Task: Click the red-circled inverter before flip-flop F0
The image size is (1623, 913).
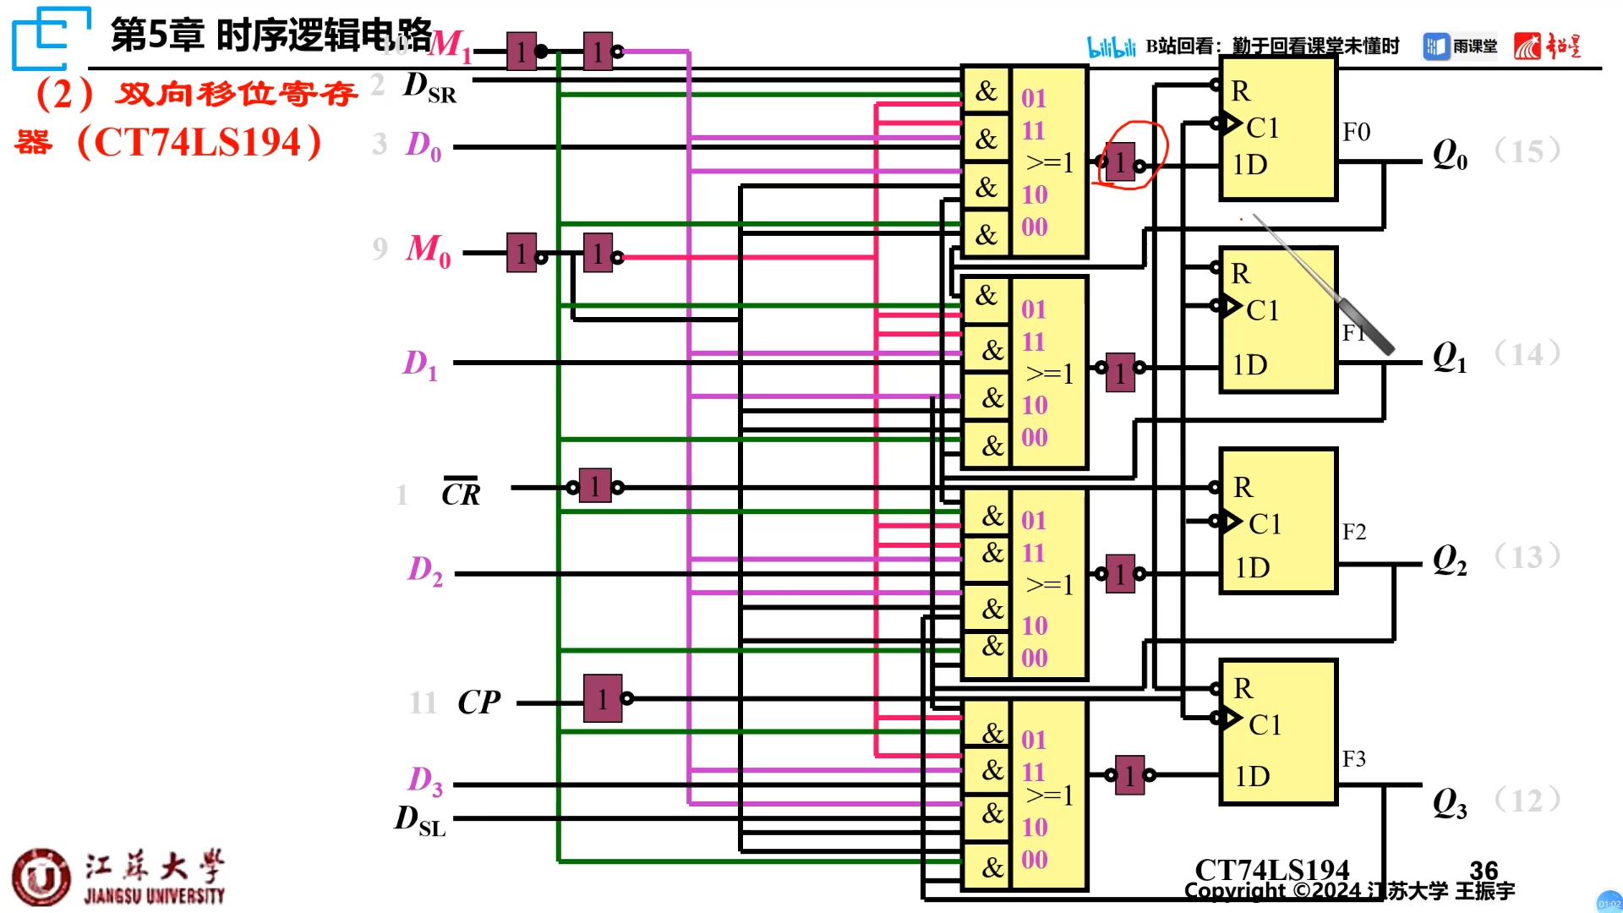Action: pyautogui.click(x=1120, y=163)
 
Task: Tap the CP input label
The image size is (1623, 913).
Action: pyautogui.click(x=478, y=703)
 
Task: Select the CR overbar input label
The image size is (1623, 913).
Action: pyautogui.click(x=461, y=493)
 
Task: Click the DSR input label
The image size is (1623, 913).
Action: pyautogui.click(x=429, y=87)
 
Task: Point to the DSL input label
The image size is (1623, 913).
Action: pyautogui.click(x=420, y=820)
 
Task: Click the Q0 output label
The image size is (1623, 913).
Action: pyautogui.click(x=1450, y=155)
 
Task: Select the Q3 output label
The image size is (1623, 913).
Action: pyautogui.click(x=1450, y=803)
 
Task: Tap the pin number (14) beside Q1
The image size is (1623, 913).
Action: pyautogui.click(x=1527, y=353)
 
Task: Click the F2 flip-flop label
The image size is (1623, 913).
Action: pyautogui.click(x=1353, y=532)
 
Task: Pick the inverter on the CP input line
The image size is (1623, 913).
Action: pyautogui.click(x=603, y=698)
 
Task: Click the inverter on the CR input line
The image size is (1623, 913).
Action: pyautogui.click(x=595, y=486)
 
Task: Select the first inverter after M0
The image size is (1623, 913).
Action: pyautogui.click(x=522, y=253)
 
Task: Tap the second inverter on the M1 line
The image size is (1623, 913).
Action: pyautogui.click(x=598, y=52)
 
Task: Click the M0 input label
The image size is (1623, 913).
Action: pyautogui.click(x=428, y=250)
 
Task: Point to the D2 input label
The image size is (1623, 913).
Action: pyautogui.click(x=424, y=571)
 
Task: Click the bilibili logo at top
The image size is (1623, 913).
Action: pyautogui.click(x=1111, y=46)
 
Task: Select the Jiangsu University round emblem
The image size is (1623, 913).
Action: pyautogui.click(x=41, y=877)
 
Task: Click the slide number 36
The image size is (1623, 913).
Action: pyautogui.click(x=1484, y=871)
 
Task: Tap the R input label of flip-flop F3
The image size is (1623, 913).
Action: pyautogui.click(x=1243, y=688)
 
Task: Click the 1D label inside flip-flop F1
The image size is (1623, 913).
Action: pyautogui.click(x=1249, y=365)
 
